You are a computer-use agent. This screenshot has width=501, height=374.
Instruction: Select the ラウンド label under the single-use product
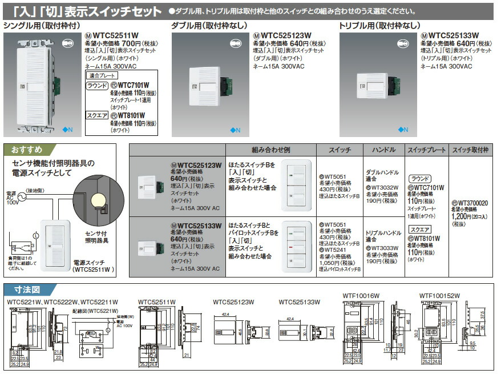click(96, 86)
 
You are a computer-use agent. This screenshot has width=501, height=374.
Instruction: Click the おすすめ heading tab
click(26, 151)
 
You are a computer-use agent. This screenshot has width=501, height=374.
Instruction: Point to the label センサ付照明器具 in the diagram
click(97, 237)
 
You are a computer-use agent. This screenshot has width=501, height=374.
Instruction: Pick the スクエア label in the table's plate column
click(419, 229)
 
